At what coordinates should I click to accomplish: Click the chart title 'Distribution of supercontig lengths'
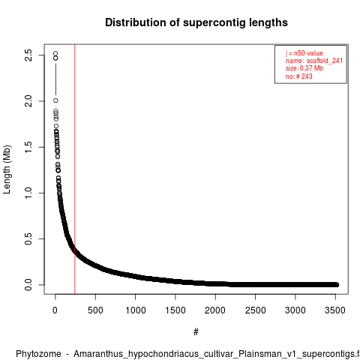coord(196,22)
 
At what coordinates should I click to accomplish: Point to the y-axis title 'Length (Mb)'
coord(7,169)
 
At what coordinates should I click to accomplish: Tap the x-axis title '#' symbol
coord(196,331)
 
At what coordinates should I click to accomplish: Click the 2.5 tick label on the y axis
coord(28,55)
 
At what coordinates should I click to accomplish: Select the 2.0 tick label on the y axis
coord(28,101)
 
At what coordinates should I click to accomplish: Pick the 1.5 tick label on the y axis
coord(28,147)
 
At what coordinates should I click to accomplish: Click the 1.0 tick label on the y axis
coord(28,193)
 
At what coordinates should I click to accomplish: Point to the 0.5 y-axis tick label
coord(28,238)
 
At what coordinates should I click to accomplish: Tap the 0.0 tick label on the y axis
coord(28,285)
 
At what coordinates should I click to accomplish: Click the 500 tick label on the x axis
coord(95,310)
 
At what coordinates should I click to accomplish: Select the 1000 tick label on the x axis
coord(135,310)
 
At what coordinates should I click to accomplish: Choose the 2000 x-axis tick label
coord(215,310)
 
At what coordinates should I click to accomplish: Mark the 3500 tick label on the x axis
coord(335,310)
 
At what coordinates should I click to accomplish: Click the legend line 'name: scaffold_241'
coord(314,61)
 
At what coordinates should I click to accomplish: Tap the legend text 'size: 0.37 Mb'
coord(304,68)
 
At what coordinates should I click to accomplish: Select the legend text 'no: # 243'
coord(299,76)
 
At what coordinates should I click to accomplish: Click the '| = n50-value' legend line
coord(304,53)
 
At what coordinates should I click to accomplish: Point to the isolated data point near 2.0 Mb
coord(55,100)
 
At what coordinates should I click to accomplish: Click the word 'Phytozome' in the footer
coord(38,354)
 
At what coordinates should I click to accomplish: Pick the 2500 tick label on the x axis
coord(255,310)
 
